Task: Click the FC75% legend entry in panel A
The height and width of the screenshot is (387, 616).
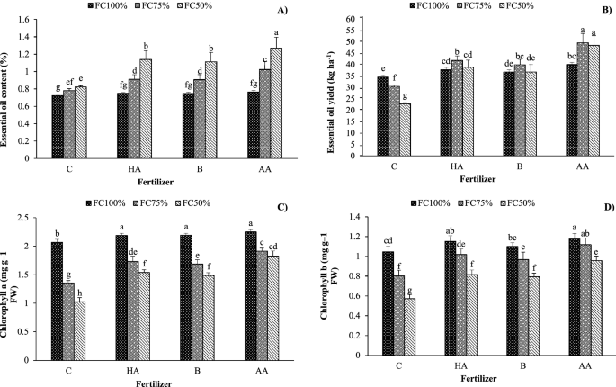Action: [x=142, y=6]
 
